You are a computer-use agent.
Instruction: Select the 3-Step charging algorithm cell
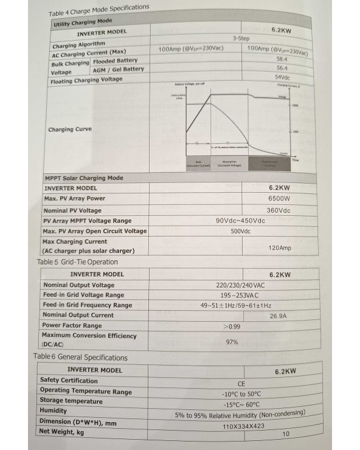coord(241,38)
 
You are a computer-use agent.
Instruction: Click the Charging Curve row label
coord(71,130)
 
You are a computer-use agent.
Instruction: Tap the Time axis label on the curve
coord(295,160)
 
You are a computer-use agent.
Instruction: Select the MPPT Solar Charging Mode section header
coord(84,178)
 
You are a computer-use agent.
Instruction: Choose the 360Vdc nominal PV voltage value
coord(279,210)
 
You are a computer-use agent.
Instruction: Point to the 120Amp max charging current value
coord(280,248)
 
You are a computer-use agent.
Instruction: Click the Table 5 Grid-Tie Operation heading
coord(77,262)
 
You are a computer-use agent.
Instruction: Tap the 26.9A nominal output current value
coord(279,316)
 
